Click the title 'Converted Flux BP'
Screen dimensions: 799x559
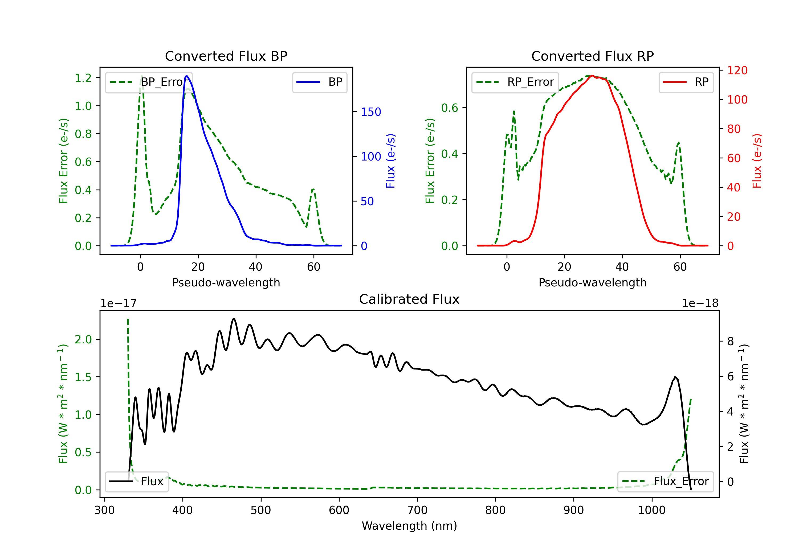click(226, 56)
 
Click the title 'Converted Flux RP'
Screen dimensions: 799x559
click(592, 56)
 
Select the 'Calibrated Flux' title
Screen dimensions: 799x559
click(409, 299)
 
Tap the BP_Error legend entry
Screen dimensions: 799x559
click(149, 82)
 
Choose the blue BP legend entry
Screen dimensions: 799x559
click(319, 82)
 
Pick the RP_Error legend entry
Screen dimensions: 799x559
click(515, 82)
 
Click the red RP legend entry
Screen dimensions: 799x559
click(686, 82)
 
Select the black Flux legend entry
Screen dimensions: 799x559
click(136, 482)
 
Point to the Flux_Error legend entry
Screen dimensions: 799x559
click(665, 482)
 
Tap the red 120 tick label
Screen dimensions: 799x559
click(737, 70)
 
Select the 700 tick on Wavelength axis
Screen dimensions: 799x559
click(417, 510)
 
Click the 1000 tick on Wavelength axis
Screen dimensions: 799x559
click(652, 510)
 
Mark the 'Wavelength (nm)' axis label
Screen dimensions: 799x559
click(409, 526)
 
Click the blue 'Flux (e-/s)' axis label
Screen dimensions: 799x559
click(390, 161)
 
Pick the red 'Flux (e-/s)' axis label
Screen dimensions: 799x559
click(757, 161)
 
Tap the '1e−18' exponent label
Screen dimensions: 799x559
click(700, 303)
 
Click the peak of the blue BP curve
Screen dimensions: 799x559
click(186, 76)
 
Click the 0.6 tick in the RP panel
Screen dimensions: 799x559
click(450, 108)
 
